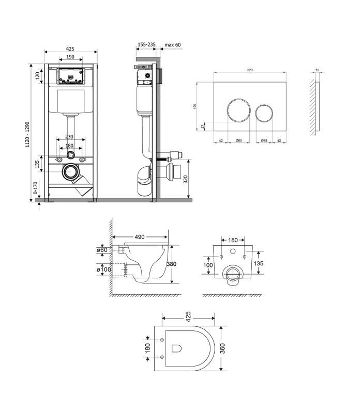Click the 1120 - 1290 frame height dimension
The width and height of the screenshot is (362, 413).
click(x=27, y=134)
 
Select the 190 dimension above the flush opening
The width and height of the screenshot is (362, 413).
click(x=70, y=57)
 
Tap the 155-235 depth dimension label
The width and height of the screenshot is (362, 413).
click(x=146, y=44)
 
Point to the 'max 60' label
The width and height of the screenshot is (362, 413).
click(x=173, y=45)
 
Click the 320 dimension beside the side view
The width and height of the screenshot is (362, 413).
click(x=186, y=179)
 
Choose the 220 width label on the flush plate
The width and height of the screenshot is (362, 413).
click(x=250, y=70)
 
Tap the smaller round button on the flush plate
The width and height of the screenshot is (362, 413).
click(x=264, y=113)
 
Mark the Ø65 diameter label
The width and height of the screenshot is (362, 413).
click(x=238, y=140)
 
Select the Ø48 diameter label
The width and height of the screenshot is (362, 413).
click(x=264, y=140)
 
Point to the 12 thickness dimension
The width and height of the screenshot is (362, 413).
click(x=317, y=70)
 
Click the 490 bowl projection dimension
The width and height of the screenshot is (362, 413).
click(x=140, y=237)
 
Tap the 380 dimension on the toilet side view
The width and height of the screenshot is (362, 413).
click(x=172, y=264)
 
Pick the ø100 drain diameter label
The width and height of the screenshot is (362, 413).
click(x=104, y=269)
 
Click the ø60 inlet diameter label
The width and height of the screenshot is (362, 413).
click(x=102, y=250)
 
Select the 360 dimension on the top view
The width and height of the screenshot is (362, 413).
click(x=222, y=348)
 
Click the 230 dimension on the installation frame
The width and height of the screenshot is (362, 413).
click(x=69, y=137)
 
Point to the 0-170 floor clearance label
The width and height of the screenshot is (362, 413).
click(x=36, y=187)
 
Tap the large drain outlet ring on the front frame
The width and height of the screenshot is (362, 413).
click(x=71, y=172)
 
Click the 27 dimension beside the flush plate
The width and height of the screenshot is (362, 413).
click(x=203, y=126)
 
